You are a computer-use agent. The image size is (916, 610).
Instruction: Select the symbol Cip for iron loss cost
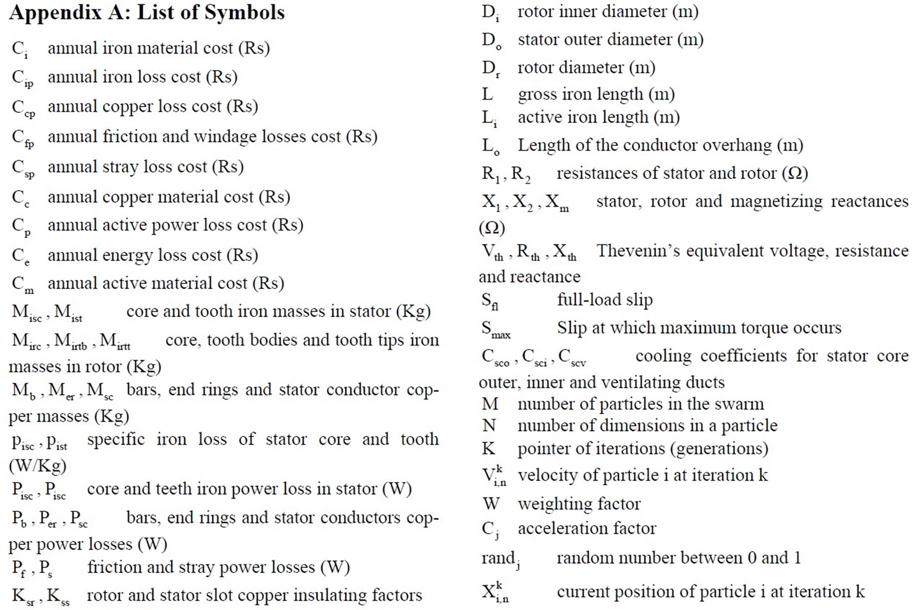pos(23,78)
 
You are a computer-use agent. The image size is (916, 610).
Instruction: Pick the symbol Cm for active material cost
pos(23,284)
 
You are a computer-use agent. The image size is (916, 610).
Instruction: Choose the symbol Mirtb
pos(71,342)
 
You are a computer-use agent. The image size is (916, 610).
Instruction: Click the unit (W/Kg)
pos(37,466)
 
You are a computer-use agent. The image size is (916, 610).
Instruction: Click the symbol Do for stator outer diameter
pos(491,41)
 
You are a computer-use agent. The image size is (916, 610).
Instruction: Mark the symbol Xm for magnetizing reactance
pos(557,203)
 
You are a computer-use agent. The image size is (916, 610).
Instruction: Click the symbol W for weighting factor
pos(491,504)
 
